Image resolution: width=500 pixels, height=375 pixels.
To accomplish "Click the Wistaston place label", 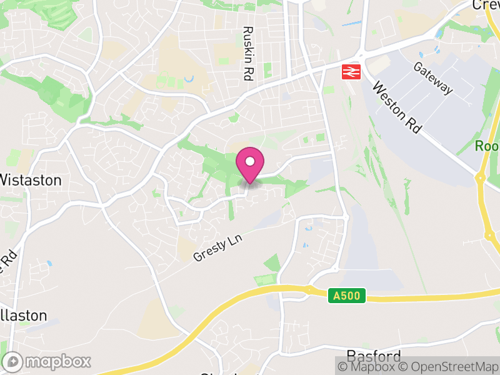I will tap(31, 181).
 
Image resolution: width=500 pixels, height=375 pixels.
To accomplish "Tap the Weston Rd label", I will tap(396, 107).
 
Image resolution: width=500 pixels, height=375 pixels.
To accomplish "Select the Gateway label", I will tap(433, 79).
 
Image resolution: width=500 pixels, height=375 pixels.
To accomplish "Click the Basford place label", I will tap(373, 357).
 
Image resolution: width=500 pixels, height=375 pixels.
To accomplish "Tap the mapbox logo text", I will tap(58, 361).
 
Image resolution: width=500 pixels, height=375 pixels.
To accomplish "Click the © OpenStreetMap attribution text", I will tap(449, 366).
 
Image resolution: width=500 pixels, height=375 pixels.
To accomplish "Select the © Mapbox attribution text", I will tap(368, 366).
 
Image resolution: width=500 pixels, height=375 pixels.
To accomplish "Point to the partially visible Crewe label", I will tap(486, 5).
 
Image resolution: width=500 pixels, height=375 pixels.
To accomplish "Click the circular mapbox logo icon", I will tap(13, 361).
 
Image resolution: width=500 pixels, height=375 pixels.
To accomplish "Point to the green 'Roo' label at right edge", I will tap(487, 146).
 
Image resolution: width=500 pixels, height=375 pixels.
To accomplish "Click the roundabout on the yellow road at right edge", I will tap(481, 177).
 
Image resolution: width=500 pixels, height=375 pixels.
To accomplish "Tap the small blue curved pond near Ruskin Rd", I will tap(190, 79).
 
